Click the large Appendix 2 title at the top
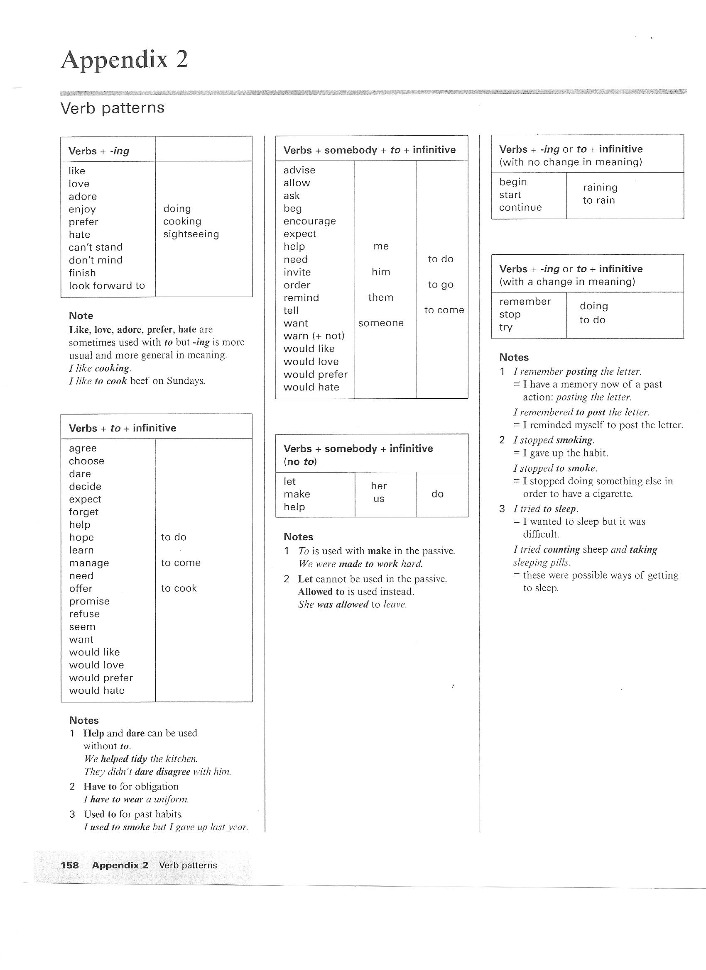point(124,60)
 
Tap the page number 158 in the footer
point(69,865)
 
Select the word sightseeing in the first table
point(191,234)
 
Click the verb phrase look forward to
point(107,285)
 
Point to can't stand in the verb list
point(96,247)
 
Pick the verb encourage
point(309,221)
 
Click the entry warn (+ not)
point(314,336)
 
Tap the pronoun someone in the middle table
point(380,323)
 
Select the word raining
point(600,188)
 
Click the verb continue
point(520,207)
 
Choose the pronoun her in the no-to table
point(378,486)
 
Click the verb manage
point(89,563)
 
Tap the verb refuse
point(84,614)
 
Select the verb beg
point(292,208)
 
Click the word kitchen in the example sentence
point(181,759)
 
